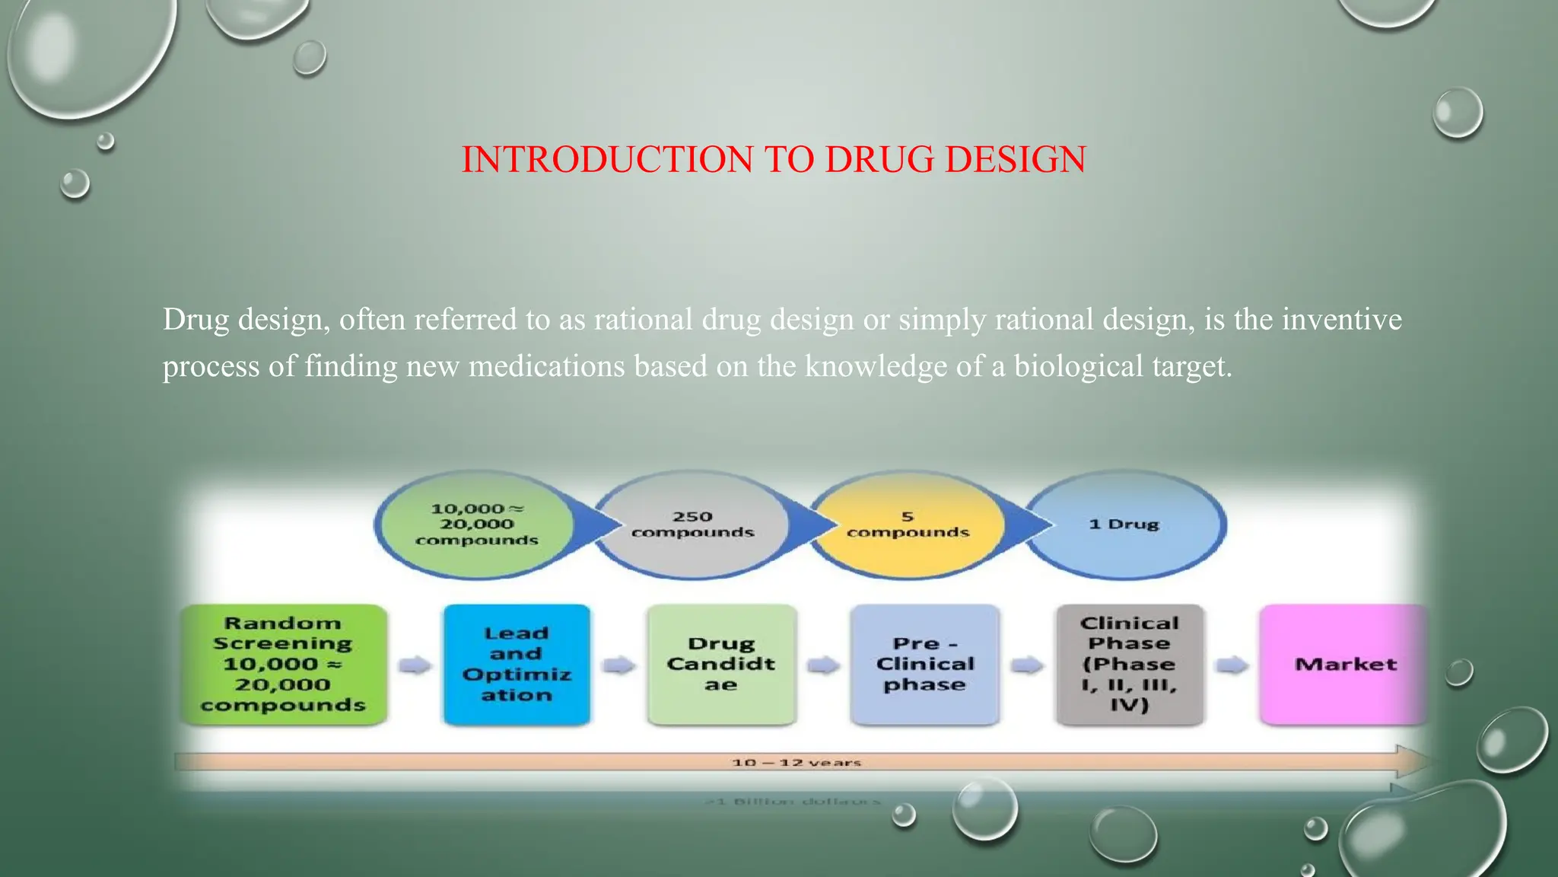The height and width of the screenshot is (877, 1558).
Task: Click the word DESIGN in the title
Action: pyautogui.click(x=1015, y=160)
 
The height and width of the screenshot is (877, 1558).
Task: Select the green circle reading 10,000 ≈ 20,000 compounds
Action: pyautogui.click(x=476, y=525)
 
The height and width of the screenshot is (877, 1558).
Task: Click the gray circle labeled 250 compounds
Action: pyautogui.click(x=692, y=525)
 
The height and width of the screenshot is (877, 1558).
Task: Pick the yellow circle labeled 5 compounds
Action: pyautogui.click(x=908, y=525)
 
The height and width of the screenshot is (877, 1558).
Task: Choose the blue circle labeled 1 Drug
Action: pyautogui.click(x=1124, y=525)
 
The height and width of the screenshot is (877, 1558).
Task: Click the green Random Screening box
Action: pyautogui.click(x=283, y=664)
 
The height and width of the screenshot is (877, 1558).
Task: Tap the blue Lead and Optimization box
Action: pyautogui.click(x=517, y=664)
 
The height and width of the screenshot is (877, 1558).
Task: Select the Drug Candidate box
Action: pyautogui.click(x=720, y=664)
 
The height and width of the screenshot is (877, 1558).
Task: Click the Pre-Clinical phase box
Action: pyautogui.click(x=924, y=664)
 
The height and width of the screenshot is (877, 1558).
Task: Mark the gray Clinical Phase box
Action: pyautogui.click(x=1129, y=664)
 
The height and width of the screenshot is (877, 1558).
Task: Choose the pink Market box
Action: pyautogui.click(x=1344, y=664)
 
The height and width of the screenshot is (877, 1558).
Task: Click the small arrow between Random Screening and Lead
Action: pyautogui.click(x=415, y=665)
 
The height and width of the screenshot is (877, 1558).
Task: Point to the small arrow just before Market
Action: pyautogui.click(x=1232, y=665)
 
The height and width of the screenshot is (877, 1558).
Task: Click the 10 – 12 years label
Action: pyautogui.click(x=796, y=762)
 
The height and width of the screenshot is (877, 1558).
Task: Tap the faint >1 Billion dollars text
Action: pyautogui.click(x=793, y=802)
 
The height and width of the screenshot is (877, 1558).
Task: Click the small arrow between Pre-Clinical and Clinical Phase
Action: pyautogui.click(x=1027, y=665)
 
